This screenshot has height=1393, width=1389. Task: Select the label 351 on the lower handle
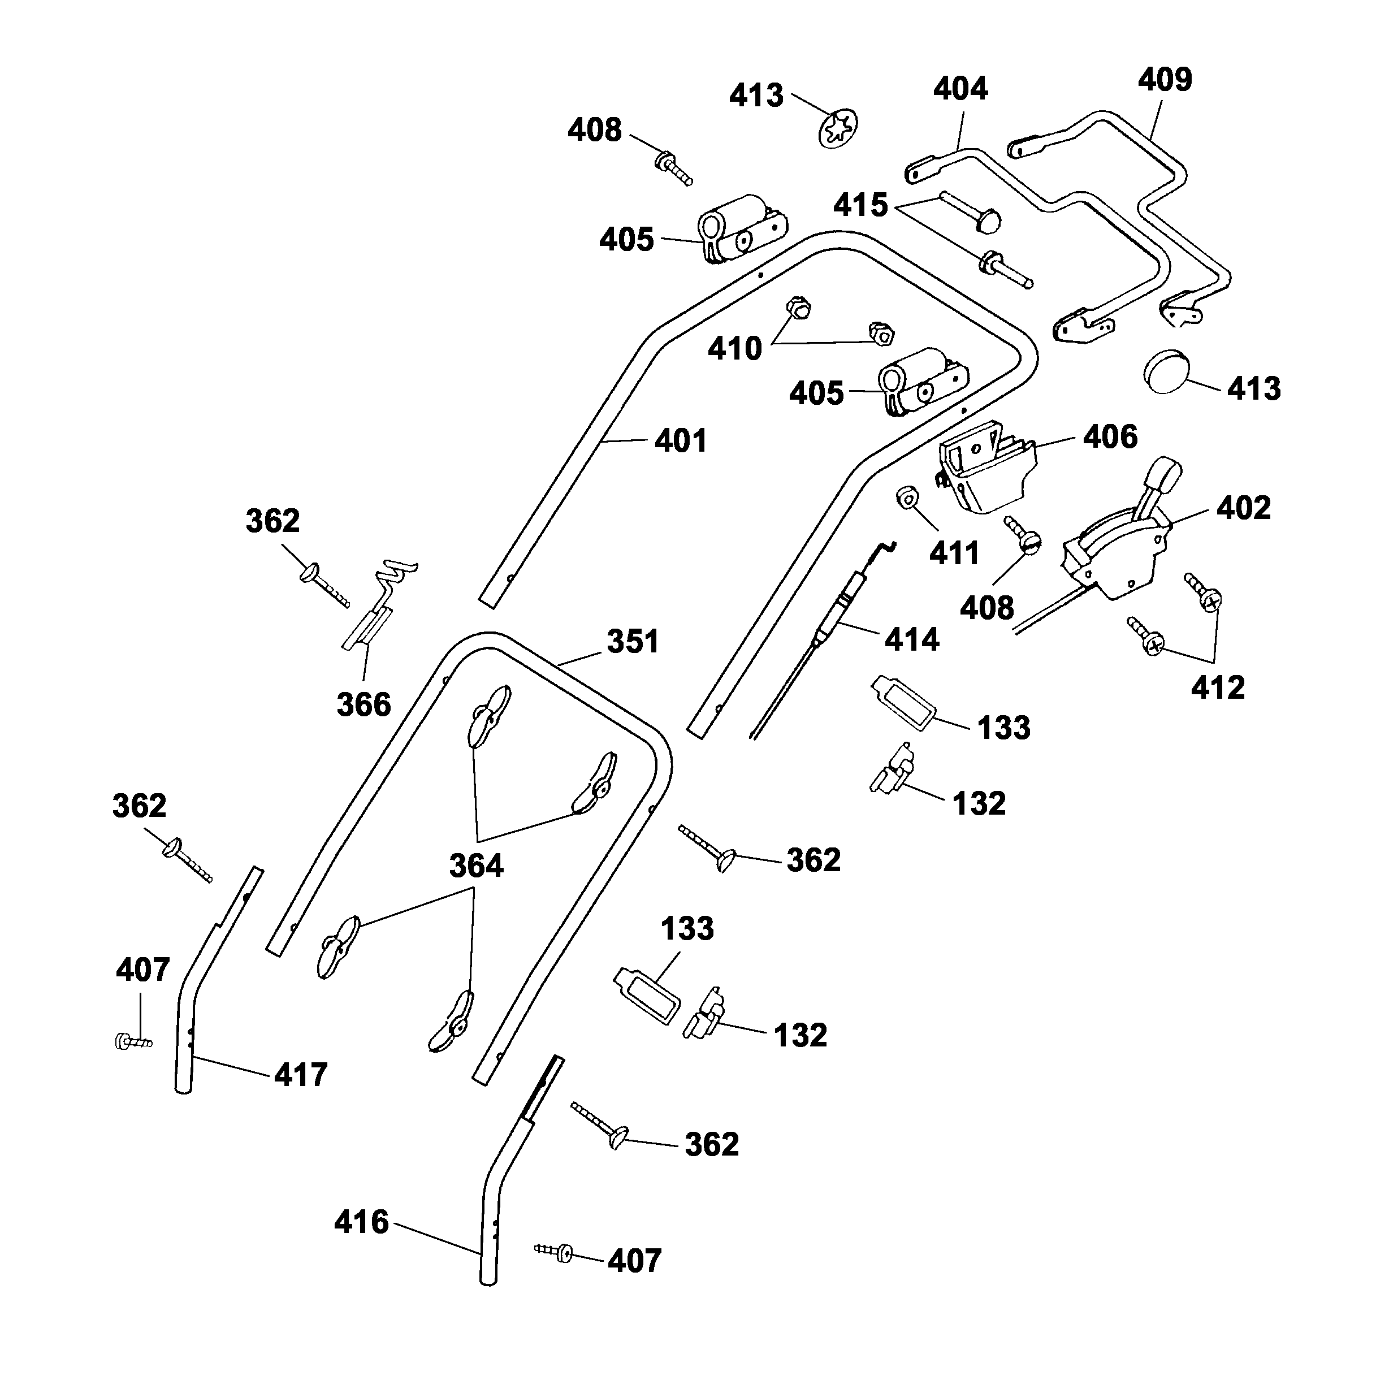pos(632,641)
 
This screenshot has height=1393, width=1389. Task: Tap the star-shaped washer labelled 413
pos(838,128)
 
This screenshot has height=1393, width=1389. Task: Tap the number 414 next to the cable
pos(912,639)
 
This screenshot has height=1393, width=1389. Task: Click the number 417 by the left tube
pos(301,1074)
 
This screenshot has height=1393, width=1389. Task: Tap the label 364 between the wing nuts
pos(476,865)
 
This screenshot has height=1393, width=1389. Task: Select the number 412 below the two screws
pos(1218,688)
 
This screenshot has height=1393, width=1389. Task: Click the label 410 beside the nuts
pos(734,348)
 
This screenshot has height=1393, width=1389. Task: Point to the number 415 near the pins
pos(860,205)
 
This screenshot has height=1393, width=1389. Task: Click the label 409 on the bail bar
pos(1164,79)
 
